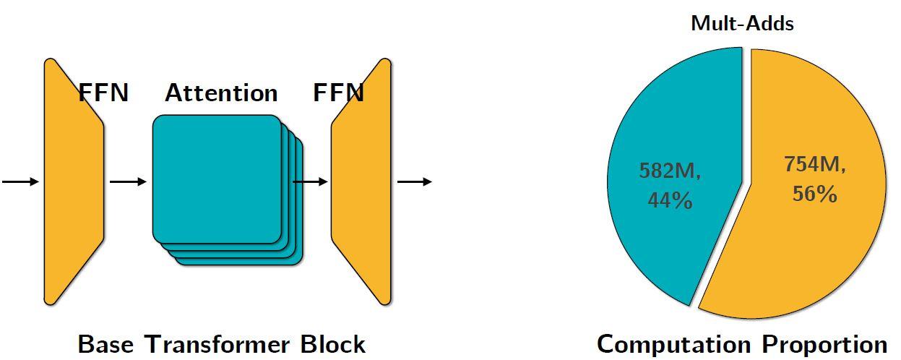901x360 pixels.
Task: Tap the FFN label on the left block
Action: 103,93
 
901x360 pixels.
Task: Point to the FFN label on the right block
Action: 338,93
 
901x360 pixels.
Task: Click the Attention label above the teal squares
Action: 221,93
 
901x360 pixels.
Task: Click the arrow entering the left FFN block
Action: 20,181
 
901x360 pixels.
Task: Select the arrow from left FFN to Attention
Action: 127,181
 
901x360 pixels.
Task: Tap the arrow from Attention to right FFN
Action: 311,181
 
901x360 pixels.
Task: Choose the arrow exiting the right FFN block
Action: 415,181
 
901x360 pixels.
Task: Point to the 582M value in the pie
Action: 670,171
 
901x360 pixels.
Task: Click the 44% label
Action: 670,200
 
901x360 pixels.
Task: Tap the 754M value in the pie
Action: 814,165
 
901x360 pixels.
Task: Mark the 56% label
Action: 814,194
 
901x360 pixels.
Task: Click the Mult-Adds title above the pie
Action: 742,23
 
